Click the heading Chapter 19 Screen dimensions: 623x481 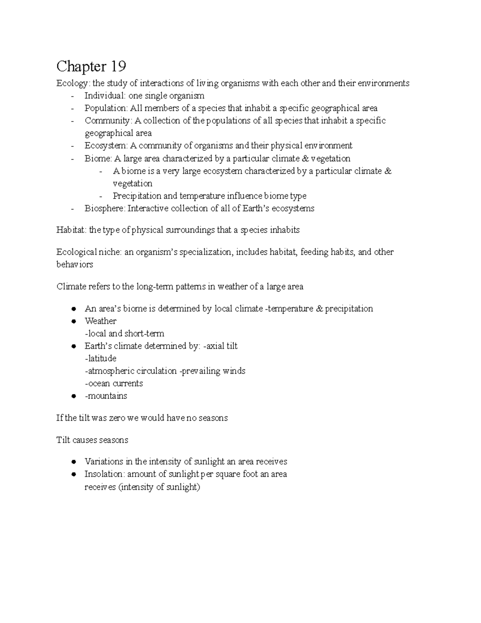[x=91, y=66]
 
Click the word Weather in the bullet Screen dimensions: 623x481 [x=100, y=321]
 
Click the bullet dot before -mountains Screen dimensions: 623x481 [x=73, y=396]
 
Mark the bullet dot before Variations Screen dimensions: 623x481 [x=73, y=462]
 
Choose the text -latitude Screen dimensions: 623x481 [x=101, y=359]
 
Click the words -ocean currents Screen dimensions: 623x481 [x=114, y=384]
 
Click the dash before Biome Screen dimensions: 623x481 [x=72, y=159]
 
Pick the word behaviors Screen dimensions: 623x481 [x=75, y=265]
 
